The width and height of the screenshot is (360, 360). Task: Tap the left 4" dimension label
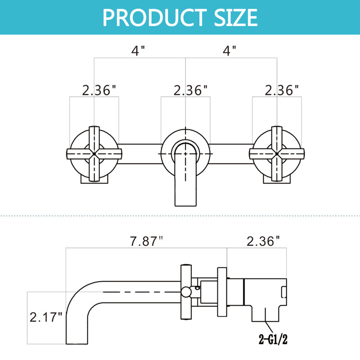138,50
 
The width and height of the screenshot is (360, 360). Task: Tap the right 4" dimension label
229,50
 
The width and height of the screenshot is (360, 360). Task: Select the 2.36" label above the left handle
99,90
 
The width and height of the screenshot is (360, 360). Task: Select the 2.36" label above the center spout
190,90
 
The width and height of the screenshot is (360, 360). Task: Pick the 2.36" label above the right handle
282,90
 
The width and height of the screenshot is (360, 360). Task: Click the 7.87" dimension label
147,241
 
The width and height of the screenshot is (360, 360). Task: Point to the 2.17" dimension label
46,317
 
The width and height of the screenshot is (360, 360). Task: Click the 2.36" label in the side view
263,241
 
